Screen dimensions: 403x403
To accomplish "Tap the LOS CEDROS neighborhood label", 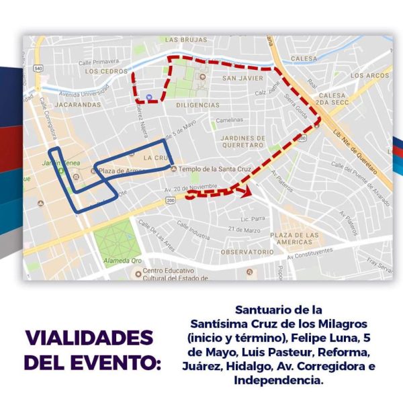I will (x=106, y=71).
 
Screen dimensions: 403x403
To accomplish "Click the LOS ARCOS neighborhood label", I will (x=369, y=75).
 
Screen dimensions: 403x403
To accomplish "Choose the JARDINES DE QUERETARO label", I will (x=242, y=141).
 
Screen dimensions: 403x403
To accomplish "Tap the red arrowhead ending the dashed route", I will (x=247, y=192).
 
